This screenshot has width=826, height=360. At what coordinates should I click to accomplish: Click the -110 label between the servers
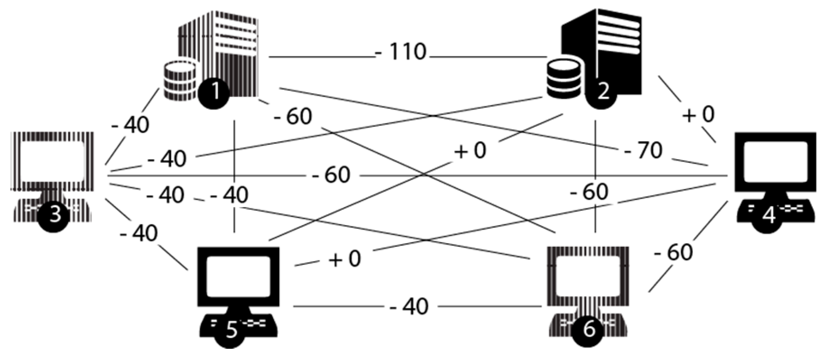(x=401, y=52)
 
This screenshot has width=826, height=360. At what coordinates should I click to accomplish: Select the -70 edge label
(x=643, y=151)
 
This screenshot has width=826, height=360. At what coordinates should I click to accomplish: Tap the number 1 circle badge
(x=214, y=92)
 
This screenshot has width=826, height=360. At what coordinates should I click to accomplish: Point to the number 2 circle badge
(x=603, y=92)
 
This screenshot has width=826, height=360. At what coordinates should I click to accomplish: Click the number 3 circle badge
(x=54, y=215)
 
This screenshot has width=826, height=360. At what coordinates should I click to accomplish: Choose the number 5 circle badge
(x=231, y=331)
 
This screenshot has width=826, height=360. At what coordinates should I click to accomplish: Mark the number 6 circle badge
(x=589, y=330)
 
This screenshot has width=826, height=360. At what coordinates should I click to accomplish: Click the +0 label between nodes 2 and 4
(x=698, y=115)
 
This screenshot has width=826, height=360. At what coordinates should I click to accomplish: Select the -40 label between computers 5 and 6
(x=409, y=307)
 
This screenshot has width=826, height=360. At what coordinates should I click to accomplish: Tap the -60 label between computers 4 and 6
(x=674, y=253)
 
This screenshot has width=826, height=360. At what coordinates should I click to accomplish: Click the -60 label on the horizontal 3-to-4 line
(x=331, y=175)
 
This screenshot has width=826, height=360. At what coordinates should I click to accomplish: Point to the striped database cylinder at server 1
(x=180, y=81)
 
